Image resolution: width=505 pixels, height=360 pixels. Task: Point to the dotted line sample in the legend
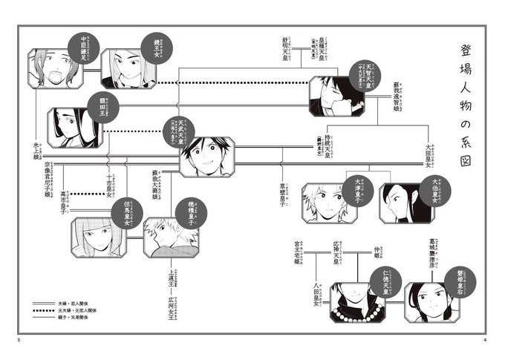point(43,310)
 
